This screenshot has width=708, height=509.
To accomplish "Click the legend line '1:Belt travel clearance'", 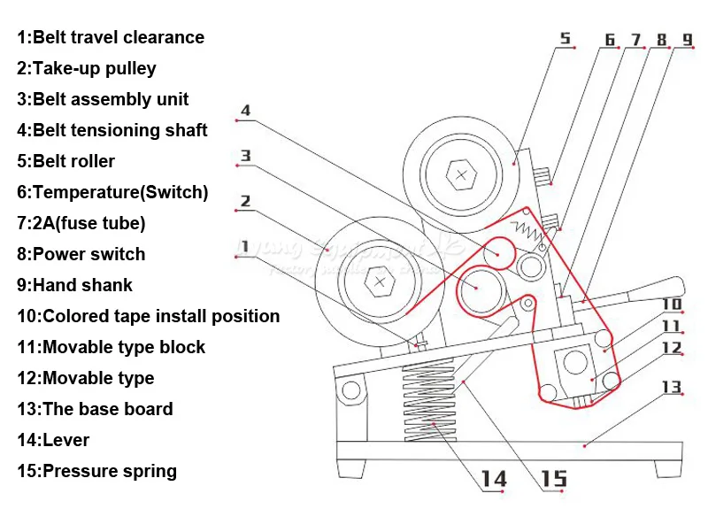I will click(x=111, y=37).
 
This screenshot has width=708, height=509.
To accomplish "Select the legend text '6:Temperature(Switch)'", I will click(x=112, y=192).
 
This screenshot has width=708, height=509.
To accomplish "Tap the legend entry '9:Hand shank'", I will click(x=74, y=285).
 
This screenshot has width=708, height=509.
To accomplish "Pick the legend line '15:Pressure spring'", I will click(x=96, y=471).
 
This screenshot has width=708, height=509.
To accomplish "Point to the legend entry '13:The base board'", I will click(x=95, y=409).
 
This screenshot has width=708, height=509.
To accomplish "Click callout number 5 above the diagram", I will click(x=566, y=37).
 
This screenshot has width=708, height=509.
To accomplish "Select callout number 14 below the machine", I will click(x=494, y=479).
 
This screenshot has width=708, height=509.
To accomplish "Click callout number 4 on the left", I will click(x=245, y=111).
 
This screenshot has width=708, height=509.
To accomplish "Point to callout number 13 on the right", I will click(x=672, y=386).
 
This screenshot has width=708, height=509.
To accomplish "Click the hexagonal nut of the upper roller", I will click(x=460, y=174).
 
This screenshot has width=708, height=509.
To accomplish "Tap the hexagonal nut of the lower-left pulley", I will click(x=380, y=281).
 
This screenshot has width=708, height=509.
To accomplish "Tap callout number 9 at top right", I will click(x=687, y=40).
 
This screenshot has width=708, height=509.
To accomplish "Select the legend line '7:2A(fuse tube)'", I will click(x=81, y=223).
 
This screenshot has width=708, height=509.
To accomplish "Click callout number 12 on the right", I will click(x=673, y=347).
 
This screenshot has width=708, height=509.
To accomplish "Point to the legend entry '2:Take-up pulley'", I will click(x=87, y=68).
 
